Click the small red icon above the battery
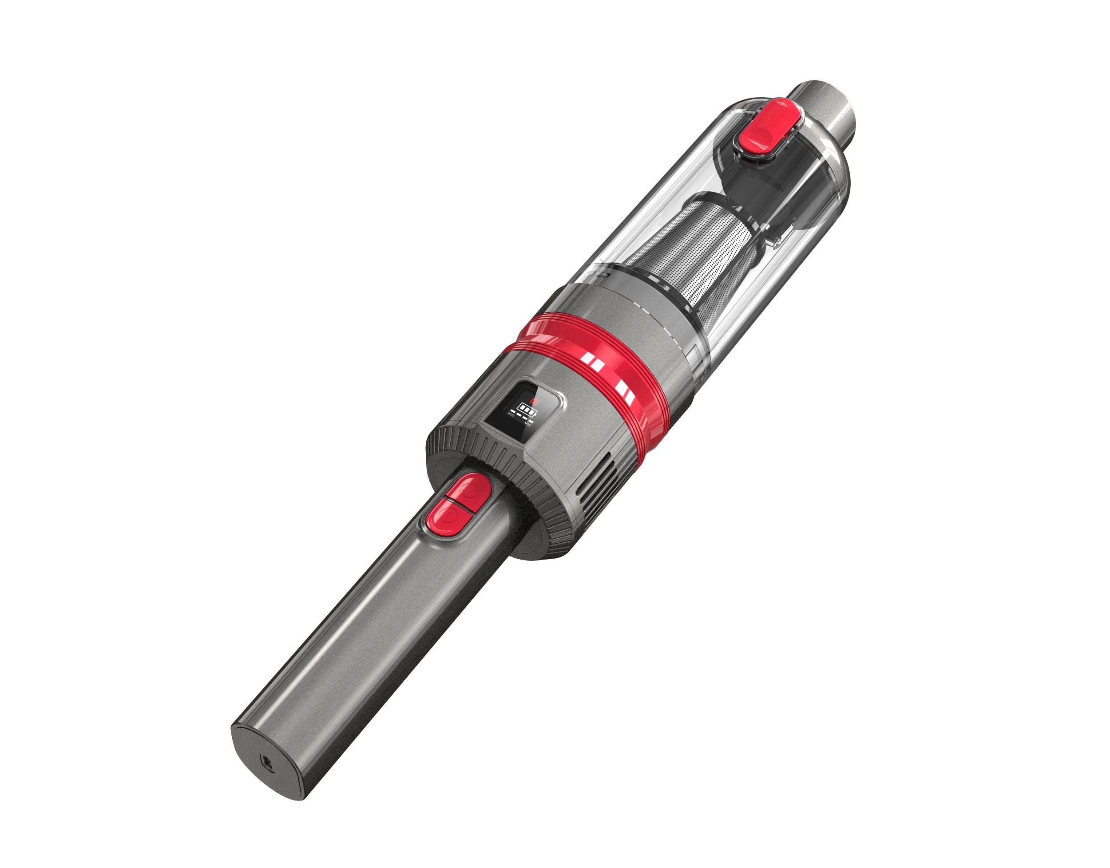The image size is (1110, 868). [x=535, y=401]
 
